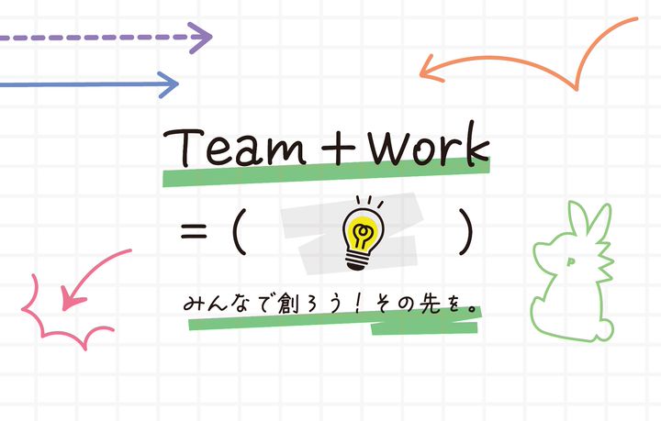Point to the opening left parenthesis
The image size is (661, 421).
coord(241,231)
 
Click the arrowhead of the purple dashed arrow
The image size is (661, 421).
coord(203,39)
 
